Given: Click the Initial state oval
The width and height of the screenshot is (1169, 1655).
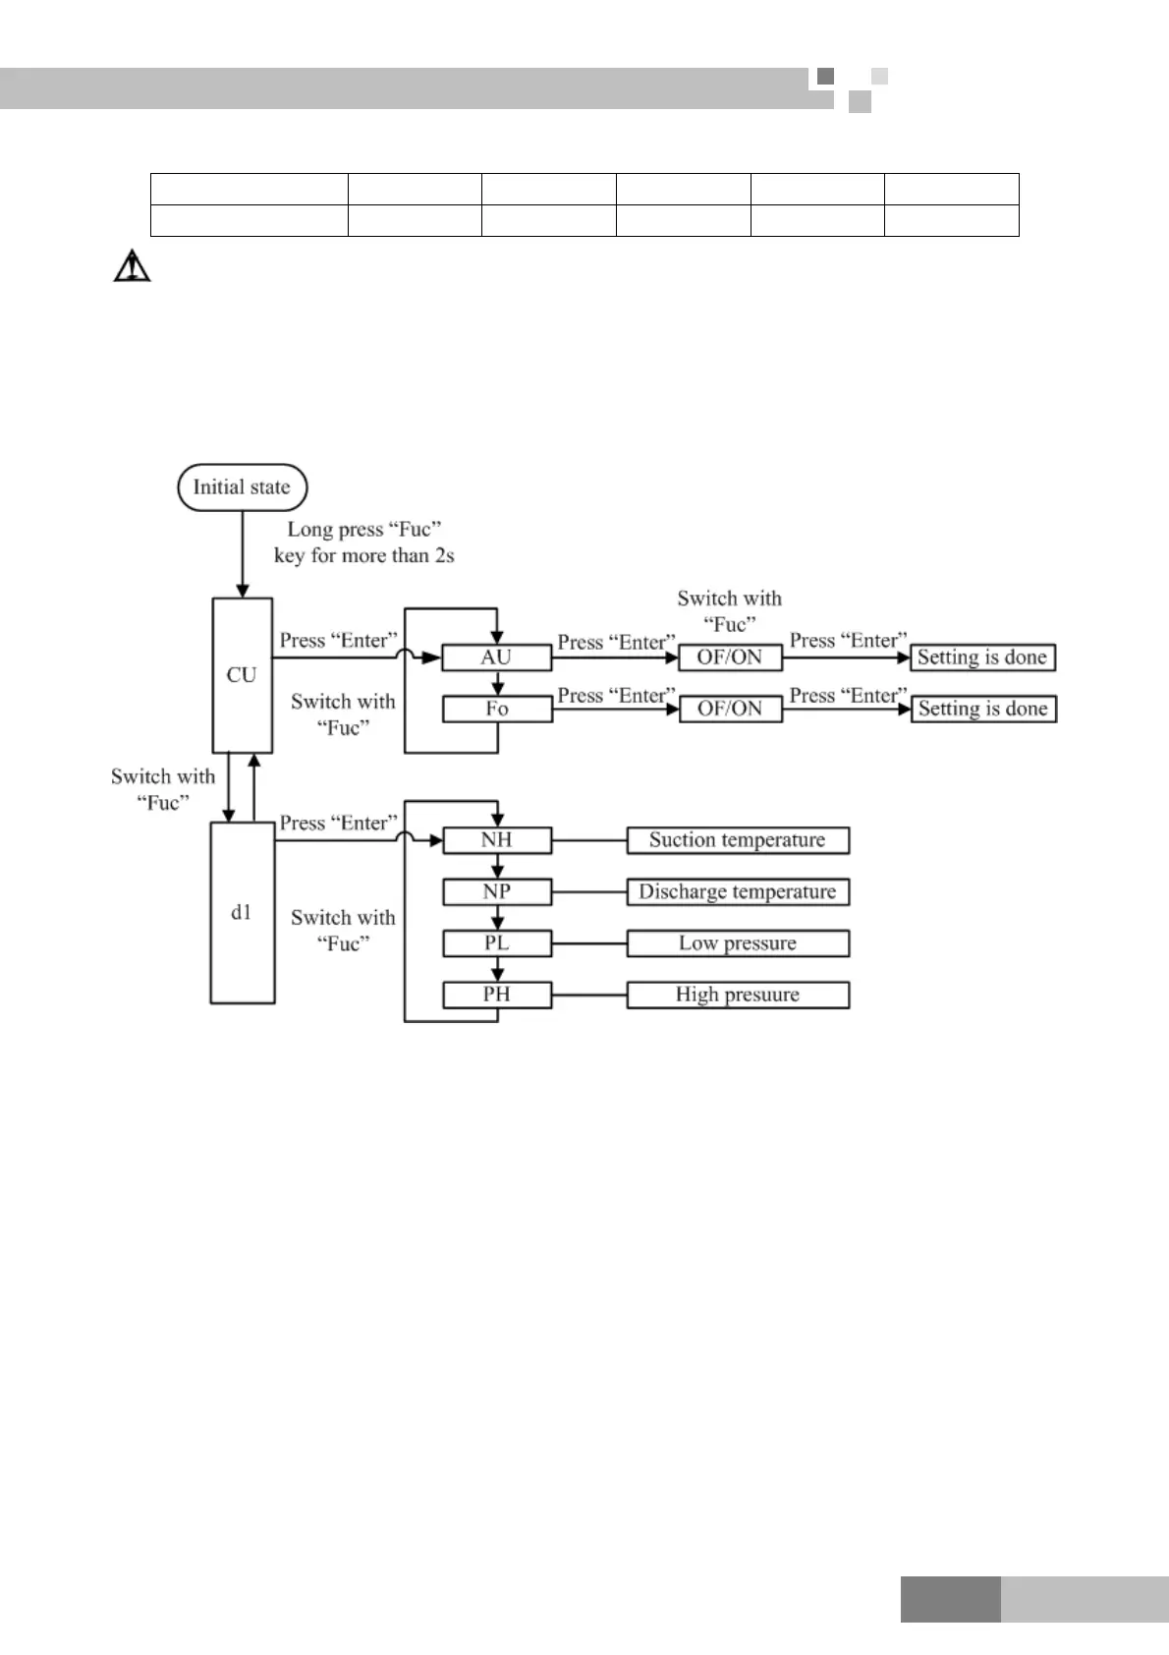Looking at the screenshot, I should (242, 487).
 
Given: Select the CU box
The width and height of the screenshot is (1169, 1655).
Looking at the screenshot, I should (242, 675).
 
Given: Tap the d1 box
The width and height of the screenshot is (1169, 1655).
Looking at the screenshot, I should (242, 912).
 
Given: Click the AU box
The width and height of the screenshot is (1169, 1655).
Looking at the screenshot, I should (496, 657).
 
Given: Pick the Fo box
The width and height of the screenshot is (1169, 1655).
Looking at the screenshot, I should (496, 709).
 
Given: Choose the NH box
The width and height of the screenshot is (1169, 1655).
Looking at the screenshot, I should (496, 840).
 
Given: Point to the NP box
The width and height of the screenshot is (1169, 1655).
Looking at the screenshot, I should (496, 891).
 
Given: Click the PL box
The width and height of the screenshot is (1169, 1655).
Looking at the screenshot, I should (496, 943).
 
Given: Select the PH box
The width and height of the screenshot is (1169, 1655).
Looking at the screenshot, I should (496, 995).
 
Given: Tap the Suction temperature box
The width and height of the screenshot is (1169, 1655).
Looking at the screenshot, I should (738, 840).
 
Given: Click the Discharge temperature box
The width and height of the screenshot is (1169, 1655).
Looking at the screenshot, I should (738, 891).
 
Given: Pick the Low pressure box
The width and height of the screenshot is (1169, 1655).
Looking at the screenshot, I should (738, 943).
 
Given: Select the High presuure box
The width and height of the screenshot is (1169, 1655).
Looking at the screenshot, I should (738, 995).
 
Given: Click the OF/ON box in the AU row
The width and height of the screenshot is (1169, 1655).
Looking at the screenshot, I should (730, 657).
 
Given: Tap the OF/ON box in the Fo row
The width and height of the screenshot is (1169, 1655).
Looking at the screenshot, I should (730, 709).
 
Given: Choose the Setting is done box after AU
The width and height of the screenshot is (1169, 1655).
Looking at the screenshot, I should (982, 657).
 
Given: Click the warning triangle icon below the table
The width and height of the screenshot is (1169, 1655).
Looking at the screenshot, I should (132, 266).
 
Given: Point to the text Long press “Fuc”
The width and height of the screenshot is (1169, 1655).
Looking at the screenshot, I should (363, 530).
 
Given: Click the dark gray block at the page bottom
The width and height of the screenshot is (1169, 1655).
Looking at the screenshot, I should (950, 1599).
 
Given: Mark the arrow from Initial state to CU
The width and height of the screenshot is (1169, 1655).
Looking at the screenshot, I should (242, 555).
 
